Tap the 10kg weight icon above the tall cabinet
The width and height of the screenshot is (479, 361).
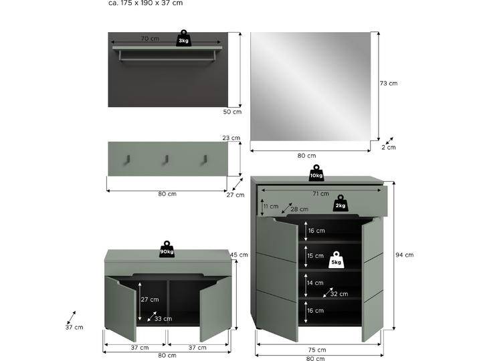pyautogui.click(x=316, y=172)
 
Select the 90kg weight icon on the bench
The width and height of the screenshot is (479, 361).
pyautogui.click(x=167, y=249)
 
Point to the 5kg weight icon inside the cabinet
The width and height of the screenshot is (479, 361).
pyautogui.click(x=337, y=260)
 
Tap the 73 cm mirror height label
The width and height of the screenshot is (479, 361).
pyautogui.click(x=388, y=84)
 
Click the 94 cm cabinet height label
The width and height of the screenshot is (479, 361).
pyautogui.click(x=404, y=255)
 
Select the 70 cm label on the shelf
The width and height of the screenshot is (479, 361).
pyautogui.click(x=150, y=39)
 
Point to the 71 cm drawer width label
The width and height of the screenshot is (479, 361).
pyautogui.click(x=320, y=194)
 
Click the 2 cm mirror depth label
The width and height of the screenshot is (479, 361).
pyautogui.click(x=388, y=147)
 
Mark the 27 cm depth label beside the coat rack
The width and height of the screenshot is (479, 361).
pyautogui.click(x=235, y=195)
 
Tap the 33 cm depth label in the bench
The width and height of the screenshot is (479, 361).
pyautogui.click(x=163, y=319)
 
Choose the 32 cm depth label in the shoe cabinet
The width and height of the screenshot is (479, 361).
pyautogui.click(x=339, y=294)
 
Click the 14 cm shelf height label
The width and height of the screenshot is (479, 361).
pyautogui.click(x=316, y=283)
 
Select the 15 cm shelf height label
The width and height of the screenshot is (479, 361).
pyautogui.click(x=316, y=256)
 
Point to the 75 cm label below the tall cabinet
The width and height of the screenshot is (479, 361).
pyautogui.click(x=317, y=350)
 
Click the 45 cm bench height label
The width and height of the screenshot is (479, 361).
pyautogui.click(x=239, y=255)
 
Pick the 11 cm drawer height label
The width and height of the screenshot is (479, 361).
pyautogui.click(x=270, y=207)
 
